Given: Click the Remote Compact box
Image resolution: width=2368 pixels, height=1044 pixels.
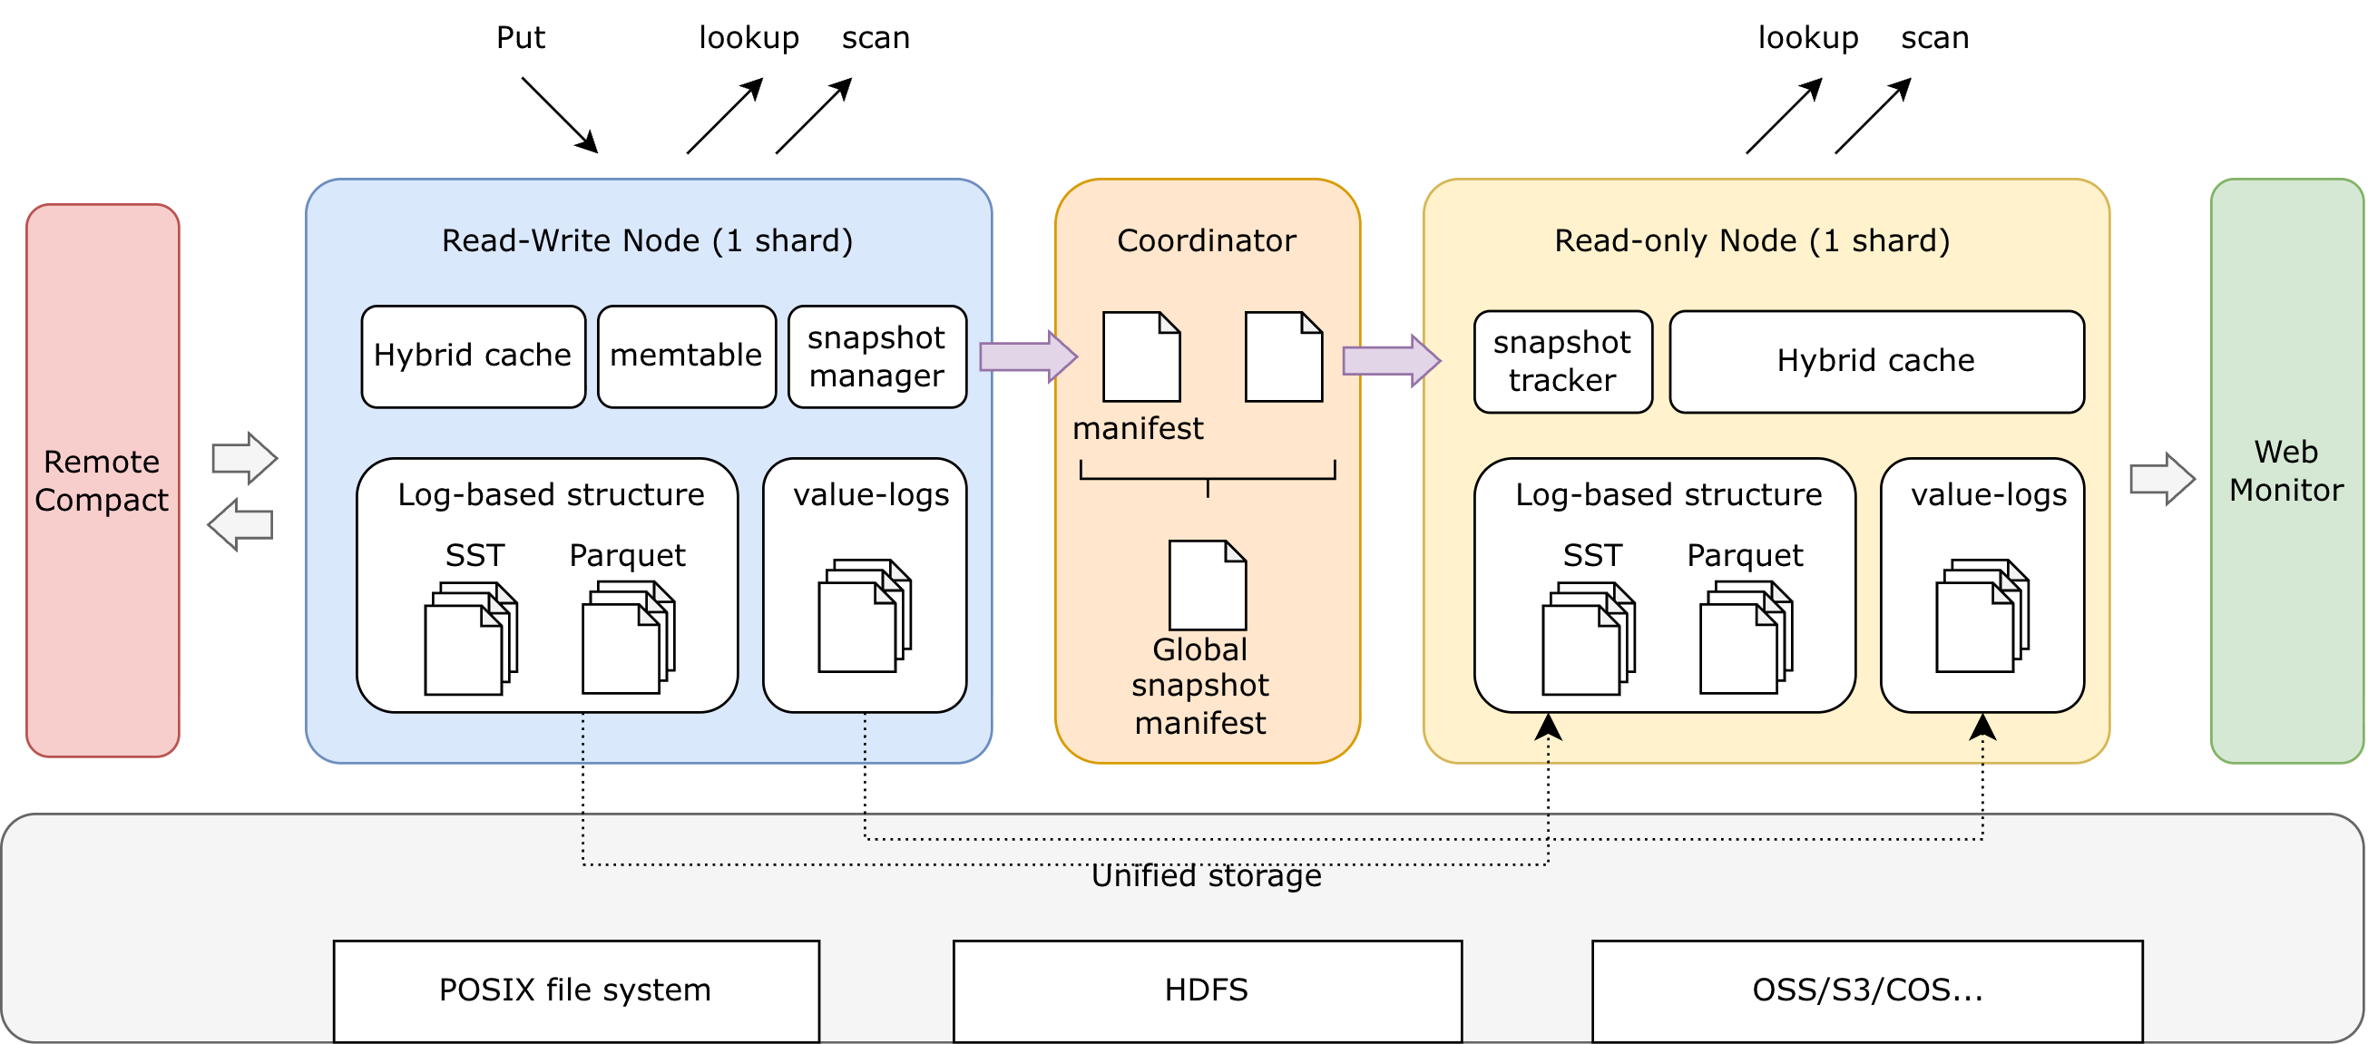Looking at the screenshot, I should (102, 481).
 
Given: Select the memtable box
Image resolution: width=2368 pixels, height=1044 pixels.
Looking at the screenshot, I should (686, 356).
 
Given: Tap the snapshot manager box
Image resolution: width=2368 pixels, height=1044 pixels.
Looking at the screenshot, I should (876, 356).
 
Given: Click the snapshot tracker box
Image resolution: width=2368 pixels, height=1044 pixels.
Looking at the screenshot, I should (1561, 361).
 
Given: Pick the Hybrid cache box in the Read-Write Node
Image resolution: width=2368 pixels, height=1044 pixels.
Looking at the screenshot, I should (473, 356).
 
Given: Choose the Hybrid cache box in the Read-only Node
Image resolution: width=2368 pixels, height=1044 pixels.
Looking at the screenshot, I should (1875, 361).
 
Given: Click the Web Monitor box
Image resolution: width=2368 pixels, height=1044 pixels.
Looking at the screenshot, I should (2285, 471).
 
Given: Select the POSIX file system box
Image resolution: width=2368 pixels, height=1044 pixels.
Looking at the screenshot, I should (575, 990).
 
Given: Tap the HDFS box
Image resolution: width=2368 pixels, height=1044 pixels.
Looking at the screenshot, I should (1206, 990).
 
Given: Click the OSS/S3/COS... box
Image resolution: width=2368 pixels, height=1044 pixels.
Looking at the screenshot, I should (1866, 990).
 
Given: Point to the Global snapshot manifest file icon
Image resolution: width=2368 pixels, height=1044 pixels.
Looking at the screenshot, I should (1206, 584).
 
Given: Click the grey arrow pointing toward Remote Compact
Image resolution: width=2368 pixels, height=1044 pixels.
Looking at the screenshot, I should (240, 525).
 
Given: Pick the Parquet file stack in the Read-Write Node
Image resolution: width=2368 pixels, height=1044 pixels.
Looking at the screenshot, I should (628, 638).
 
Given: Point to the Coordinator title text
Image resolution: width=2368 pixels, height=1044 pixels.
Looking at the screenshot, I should (1206, 240).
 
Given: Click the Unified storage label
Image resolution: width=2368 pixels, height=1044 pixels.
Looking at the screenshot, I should (1206, 877).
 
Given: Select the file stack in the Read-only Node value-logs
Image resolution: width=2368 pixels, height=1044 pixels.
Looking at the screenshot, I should (1981, 616).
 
